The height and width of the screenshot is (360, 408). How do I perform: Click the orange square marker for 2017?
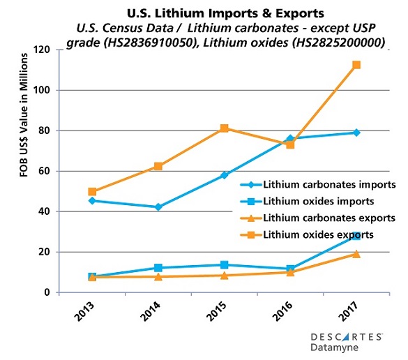356,65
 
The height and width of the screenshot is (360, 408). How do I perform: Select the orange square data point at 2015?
225,128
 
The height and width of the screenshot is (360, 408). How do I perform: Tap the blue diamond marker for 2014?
158,207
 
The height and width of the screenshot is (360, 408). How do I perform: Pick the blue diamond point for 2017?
356,133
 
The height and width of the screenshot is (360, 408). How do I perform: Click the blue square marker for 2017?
356,236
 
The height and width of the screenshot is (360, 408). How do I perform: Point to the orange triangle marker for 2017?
356,254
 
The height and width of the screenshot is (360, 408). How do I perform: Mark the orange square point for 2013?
93,192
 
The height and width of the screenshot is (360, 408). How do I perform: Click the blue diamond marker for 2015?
225,175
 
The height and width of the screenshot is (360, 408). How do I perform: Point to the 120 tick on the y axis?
47,50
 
